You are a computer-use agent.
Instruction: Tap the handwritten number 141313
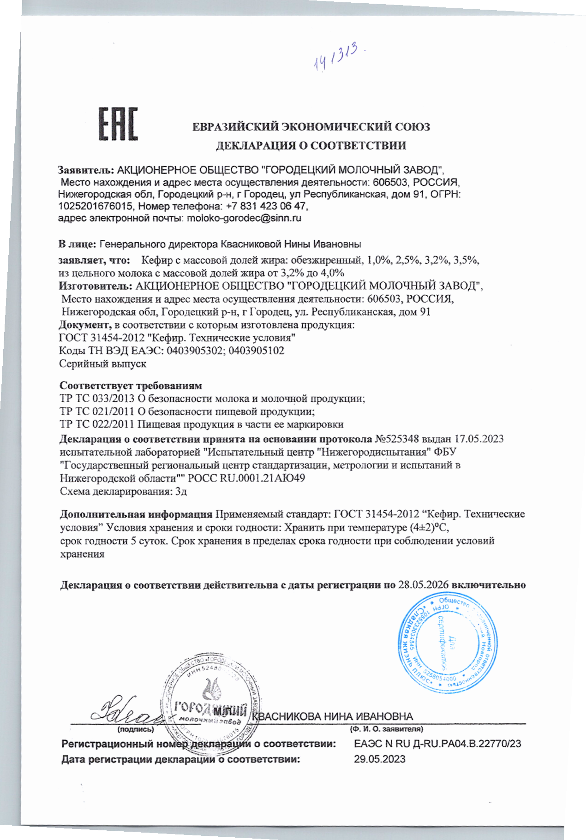click(x=337, y=57)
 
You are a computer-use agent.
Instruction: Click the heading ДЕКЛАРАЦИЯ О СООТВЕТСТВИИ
click(x=311, y=146)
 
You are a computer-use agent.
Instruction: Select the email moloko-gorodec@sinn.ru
click(x=244, y=218)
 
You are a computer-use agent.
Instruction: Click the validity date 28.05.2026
click(x=424, y=585)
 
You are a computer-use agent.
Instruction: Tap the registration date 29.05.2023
click(x=379, y=759)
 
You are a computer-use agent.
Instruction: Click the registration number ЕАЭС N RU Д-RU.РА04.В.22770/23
click(x=437, y=744)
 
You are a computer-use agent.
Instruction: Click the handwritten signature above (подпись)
click(x=127, y=710)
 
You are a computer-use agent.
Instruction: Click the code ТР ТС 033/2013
click(x=97, y=398)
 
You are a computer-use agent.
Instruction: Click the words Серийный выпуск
click(x=103, y=363)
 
